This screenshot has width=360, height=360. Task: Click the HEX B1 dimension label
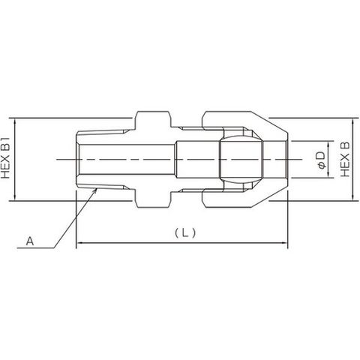5,157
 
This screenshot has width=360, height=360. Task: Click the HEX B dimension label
345,159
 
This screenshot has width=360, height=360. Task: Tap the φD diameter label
321,160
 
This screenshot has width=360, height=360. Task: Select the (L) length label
185,233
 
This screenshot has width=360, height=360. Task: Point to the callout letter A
30,241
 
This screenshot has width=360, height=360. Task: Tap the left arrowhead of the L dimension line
79,242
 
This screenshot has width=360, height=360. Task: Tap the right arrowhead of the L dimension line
285,242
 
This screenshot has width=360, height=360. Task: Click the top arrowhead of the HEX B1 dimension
15,121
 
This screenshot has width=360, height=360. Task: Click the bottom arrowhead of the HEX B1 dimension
15,197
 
